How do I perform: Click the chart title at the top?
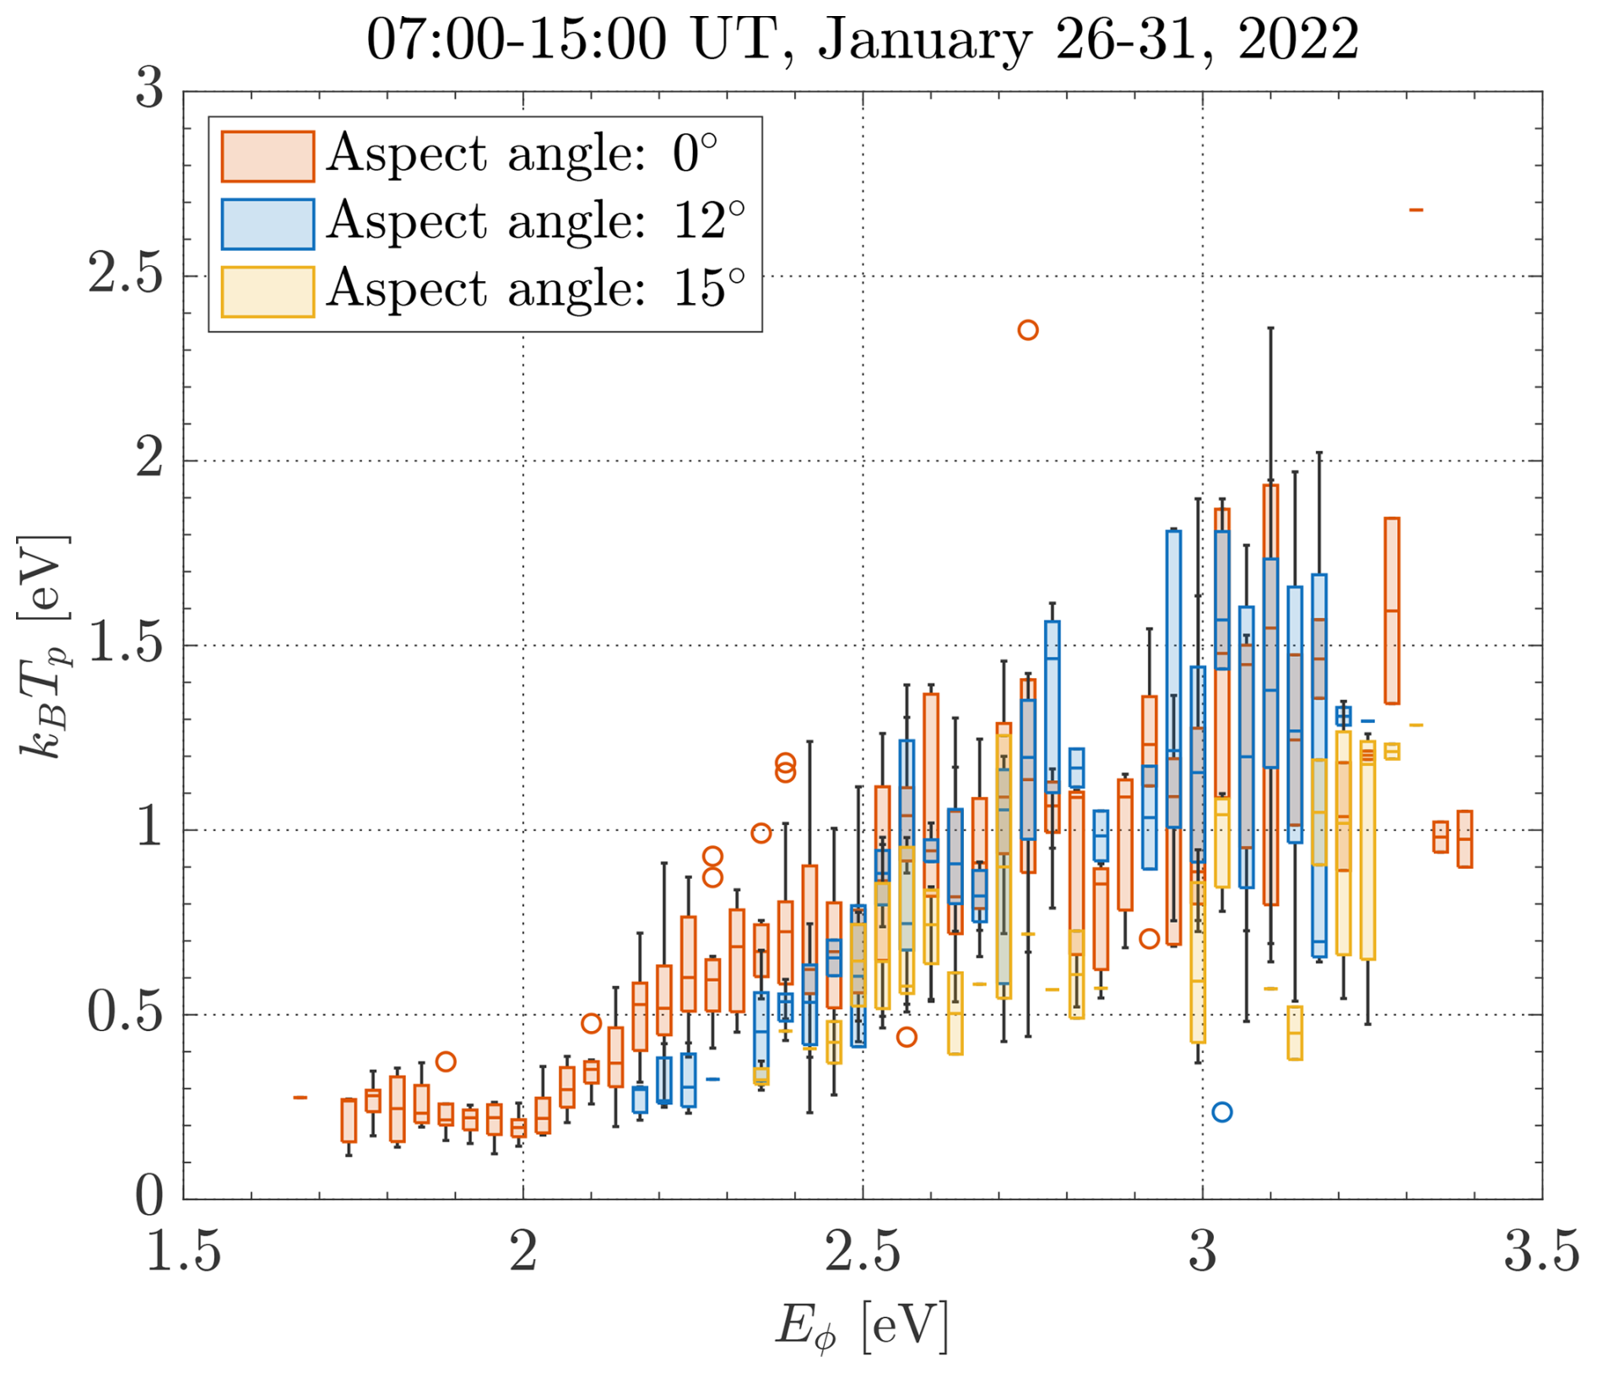pyautogui.click(x=862, y=39)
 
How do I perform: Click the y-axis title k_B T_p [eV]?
pyautogui.click(x=44, y=646)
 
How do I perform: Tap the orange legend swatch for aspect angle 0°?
pyautogui.click(x=268, y=156)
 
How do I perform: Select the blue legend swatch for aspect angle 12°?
pyautogui.click(x=268, y=224)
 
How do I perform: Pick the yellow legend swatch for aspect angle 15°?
pyautogui.click(x=268, y=291)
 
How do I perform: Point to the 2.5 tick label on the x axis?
pyautogui.click(x=862, y=1251)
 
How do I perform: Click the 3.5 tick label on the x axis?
pyautogui.click(x=1541, y=1251)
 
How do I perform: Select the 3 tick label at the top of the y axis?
pyautogui.click(x=149, y=89)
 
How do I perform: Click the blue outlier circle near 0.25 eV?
pyautogui.click(x=1221, y=1112)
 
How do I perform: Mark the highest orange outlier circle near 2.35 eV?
pyautogui.click(x=1027, y=330)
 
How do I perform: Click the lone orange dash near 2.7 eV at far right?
pyautogui.click(x=1416, y=209)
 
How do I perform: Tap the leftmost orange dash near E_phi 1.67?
pyautogui.click(x=300, y=1098)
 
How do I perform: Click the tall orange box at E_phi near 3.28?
pyautogui.click(x=1392, y=610)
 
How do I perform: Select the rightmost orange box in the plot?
pyautogui.click(x=1464, y=839)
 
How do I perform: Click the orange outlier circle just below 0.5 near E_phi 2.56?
pyautogui.click(x=907, y=1037)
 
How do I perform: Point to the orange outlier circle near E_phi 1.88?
pyautogui.click(x=446, y=1061)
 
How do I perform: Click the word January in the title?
pyautogui.click(x=925, y=39)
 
